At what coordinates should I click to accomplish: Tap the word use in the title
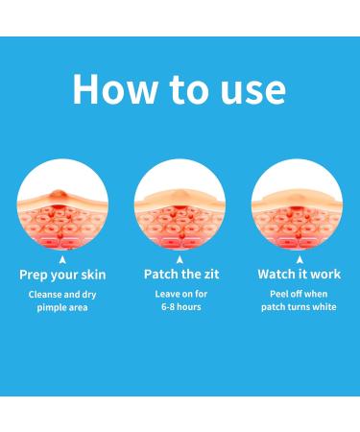click(x=246, y=89)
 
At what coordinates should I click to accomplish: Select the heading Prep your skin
click(x=62, y=275)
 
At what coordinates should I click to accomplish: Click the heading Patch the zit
click(x=180, y=275)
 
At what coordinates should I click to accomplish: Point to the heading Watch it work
click(x=297, y=275)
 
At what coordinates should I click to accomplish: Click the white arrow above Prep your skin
click(x=62, y=257)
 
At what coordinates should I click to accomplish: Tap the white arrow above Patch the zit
click(x=180, y=257)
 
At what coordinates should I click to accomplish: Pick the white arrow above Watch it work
click(x=297, y=257)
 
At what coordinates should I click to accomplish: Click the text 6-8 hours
click(x=180, y=307)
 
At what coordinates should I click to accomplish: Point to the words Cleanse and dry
click(x=62, y=295)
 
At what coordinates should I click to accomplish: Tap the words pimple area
click(x=62, y=307)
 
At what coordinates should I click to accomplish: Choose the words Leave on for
click(x=180, y=295)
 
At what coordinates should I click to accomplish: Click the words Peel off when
click(x=297, y=295)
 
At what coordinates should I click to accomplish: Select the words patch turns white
click(x=297, y=307)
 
